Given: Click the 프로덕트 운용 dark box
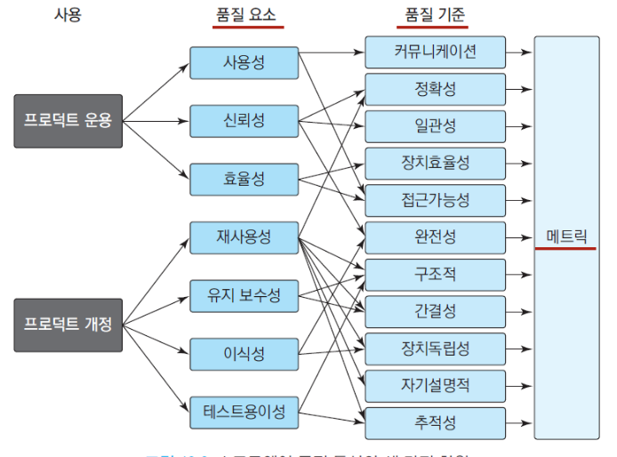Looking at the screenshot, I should pos(68,120).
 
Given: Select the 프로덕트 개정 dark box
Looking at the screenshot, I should pos(68,325).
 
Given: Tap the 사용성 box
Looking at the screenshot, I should pos(244,62).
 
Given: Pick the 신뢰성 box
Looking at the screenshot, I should pos(244,120).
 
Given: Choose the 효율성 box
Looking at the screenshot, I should pos(244,179).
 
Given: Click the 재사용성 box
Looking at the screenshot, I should pos(244,237).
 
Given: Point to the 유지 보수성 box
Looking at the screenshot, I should pos(244,295).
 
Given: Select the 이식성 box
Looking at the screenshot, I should pos(244,354).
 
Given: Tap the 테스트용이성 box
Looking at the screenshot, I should pos(244,412).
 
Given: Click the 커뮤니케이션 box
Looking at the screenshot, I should pos(435,52).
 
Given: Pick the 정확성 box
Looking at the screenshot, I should pos(435,89).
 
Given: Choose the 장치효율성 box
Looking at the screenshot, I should pos(435,163).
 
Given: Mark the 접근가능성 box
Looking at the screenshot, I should pos(435,200).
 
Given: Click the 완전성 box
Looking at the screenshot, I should pos(435,237).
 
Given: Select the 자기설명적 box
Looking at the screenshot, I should pos(435,385).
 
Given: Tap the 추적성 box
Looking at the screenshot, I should pos(435,422).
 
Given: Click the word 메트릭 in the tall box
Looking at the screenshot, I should pos(566,237).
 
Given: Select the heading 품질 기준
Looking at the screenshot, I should pos(435,15).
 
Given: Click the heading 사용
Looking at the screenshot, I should pos(68,15).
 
